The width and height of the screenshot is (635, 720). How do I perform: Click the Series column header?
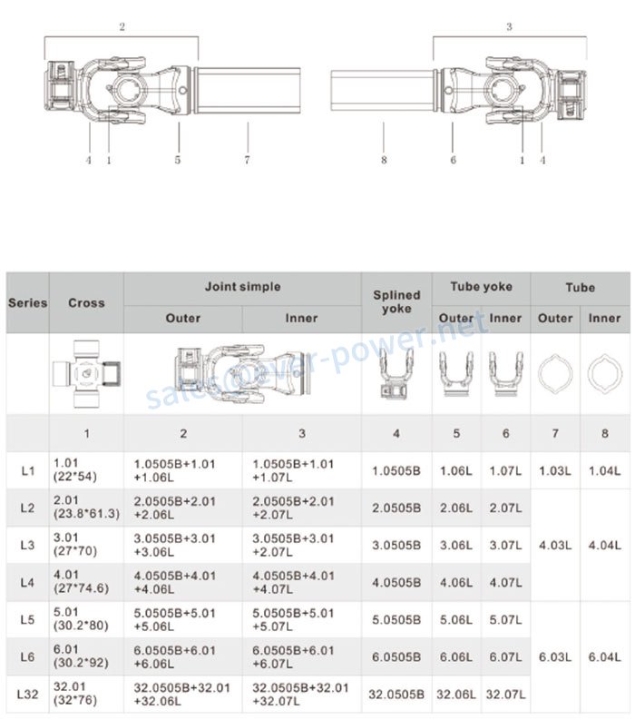[x=27, y=302]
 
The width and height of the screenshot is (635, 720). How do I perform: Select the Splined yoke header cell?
[x=396, y=301]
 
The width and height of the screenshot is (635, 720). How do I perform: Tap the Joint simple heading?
[x=242, y=287]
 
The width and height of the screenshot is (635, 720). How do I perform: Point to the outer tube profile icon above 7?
[x=554, y=374]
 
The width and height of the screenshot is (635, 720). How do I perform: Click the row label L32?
[x=27, y=695]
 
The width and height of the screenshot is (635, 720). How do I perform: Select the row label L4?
[x=27, y=582]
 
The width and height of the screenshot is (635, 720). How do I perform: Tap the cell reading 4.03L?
[x=554, y=546]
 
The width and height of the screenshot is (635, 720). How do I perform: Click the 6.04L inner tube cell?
[x=604, y=657]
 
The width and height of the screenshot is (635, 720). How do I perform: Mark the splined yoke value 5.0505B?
[x=396, y=620]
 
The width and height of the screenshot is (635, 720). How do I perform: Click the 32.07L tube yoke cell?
[x=505, y=695]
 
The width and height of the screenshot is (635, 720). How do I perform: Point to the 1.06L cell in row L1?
[x=455, y=470]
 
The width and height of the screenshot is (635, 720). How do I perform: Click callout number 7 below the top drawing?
[x=247, y=161]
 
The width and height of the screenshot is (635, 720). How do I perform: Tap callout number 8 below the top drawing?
[x=384, y=161]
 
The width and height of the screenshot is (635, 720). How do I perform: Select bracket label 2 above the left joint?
[x=122, y=27]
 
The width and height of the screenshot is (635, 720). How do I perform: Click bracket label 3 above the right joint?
[x=509, y=27]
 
